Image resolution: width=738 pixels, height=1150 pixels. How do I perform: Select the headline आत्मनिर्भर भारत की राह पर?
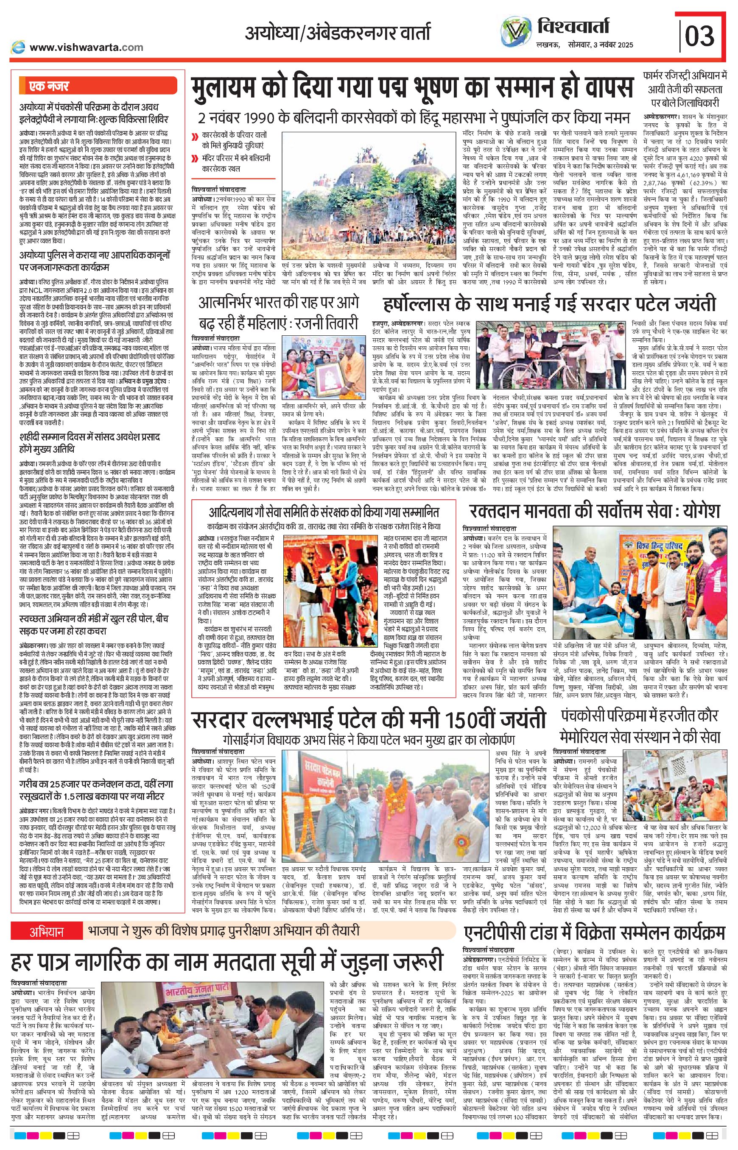click(279, 314)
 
